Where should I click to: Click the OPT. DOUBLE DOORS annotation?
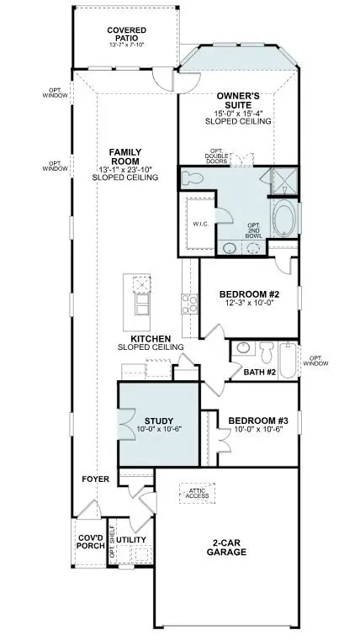tap(223, 156)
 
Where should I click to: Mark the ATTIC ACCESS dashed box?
tap(198, 495)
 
